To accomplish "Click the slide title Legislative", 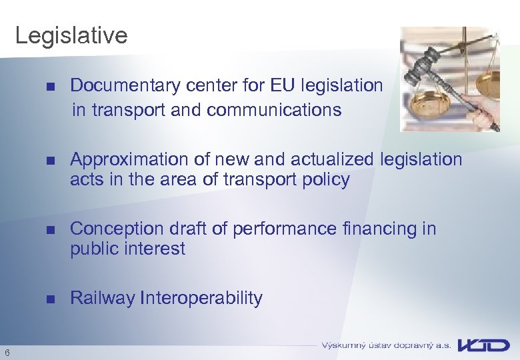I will [x=71, y=35].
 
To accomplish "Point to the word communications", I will [x=274, y=109].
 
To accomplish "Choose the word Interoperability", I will [x=201, y=298].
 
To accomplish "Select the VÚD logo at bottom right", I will [x=484, y=345].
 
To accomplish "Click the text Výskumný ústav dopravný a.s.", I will [x=386, y=345].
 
